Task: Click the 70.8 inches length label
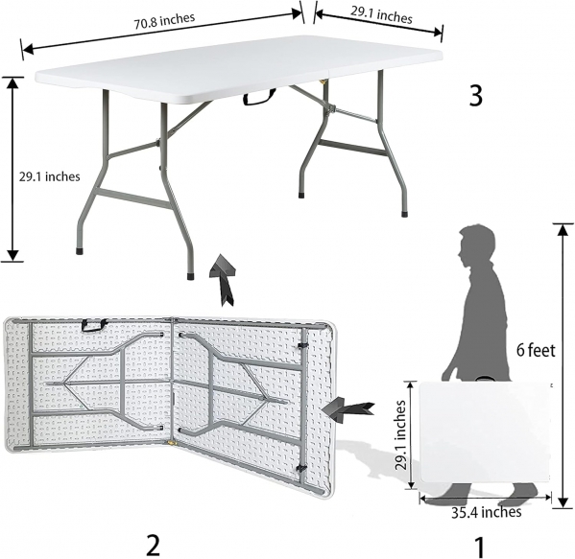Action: point(164,20)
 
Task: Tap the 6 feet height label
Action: point(536,350)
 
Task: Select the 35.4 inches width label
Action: point(486,512)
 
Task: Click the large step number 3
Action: point(475,96)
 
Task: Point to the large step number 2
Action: point(153,545)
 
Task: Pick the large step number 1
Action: point(480,547)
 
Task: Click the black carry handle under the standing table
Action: point(259,97)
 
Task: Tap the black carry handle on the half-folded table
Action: point(94,325)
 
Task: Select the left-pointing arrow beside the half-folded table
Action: point(347,409)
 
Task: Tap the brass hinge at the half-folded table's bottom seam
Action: point(171,443)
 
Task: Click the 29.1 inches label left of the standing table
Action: point(50,176)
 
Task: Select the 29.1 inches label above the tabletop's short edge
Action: point(381,14)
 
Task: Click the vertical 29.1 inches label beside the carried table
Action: point(400,434)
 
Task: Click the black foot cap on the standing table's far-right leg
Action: point(404,214)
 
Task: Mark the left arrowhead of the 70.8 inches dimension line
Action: point(28,49)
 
